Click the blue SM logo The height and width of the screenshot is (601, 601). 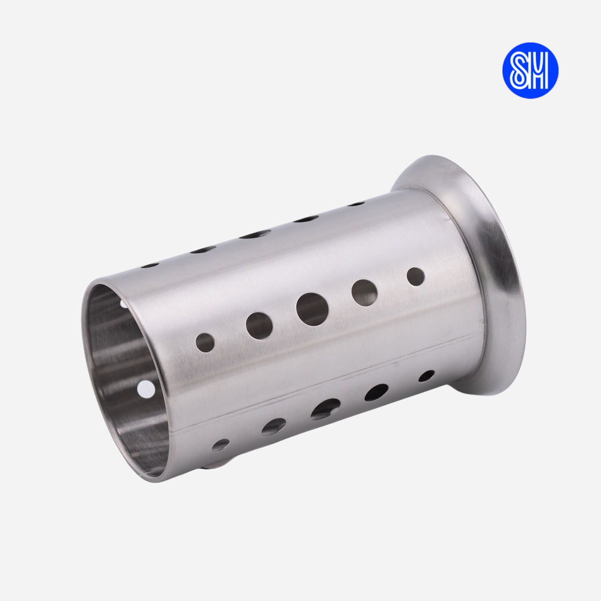pos(530,70)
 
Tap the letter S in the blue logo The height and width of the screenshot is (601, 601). pos(519,70)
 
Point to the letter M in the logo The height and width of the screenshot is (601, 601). pos(539,70)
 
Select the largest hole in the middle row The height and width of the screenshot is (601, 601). pos(313,310)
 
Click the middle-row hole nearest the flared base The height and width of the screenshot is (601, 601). pos(415,276)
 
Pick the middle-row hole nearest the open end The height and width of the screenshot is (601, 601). pos(205,343)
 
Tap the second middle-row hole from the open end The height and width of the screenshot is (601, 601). pos(259,326)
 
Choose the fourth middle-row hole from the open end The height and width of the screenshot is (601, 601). pos(364,293)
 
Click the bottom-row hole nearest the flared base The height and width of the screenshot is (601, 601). pos(426,376)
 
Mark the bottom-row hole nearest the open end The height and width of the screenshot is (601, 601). pos(221,445)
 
